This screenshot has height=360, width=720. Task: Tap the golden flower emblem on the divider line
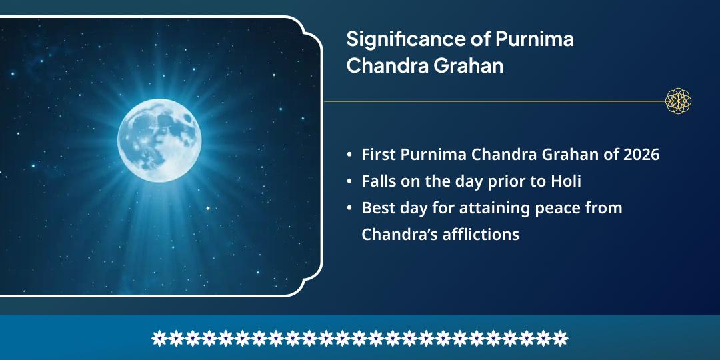click(x=678, y=101)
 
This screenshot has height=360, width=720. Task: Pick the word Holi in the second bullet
click(x=567, y=181)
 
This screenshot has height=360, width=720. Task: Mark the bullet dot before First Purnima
click(x=349, y=155)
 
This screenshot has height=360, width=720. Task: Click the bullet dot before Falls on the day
click(x=349, y=182)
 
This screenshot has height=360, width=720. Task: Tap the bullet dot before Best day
click(x=349, y=209)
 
